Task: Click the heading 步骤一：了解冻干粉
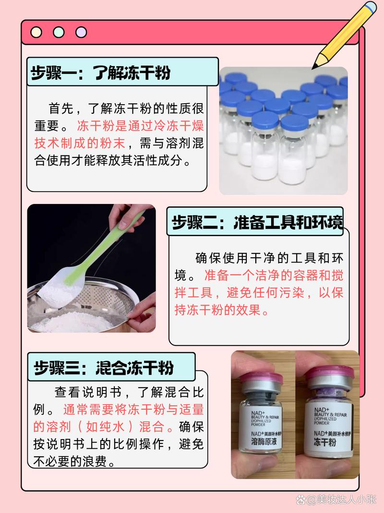tap(101, 73)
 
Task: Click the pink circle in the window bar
tap(36, 33)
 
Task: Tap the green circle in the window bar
tap(59, 33)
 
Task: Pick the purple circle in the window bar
tap(81, 33)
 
